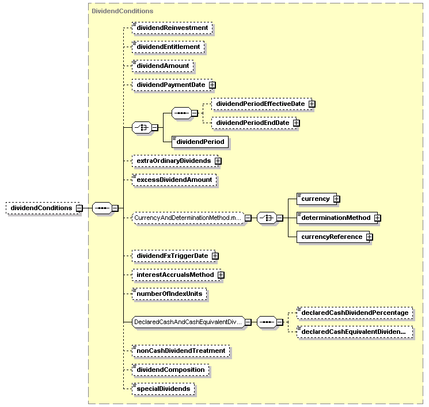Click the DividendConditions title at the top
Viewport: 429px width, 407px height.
pyautogui.click(x=122, y=11)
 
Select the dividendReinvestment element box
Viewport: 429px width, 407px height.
pyautogui.click(x=172, y=28)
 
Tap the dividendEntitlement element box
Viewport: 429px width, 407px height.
pyautogui.click(x=168, y=47)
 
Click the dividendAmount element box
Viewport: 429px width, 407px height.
pyautogui.click(x=162, y=66)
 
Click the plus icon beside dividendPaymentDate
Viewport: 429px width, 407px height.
pyautogui.click(x=212, y=85)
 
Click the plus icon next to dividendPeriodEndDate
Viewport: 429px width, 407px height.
pyautogui.click(x=297, y=123)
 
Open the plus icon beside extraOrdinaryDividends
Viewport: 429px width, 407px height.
pyautogui.click(x=218, y=161)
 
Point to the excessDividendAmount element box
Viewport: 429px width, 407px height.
pyautogui.click(x=174, y=180)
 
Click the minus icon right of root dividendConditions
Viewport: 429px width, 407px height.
pyautogui.click(x=79, y=208)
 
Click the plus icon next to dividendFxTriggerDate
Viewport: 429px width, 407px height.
pyautogui.click(x=215, y=256)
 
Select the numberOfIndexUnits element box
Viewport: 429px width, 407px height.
pyautogui.click(x=169, y=294)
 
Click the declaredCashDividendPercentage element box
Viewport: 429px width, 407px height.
pyautogui.click(x=355, y=313)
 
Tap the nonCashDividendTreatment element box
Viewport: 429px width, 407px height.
pyautogui.click(x=181, y=351)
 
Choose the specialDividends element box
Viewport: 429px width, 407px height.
pyautogui.click(x=163, y=389)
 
